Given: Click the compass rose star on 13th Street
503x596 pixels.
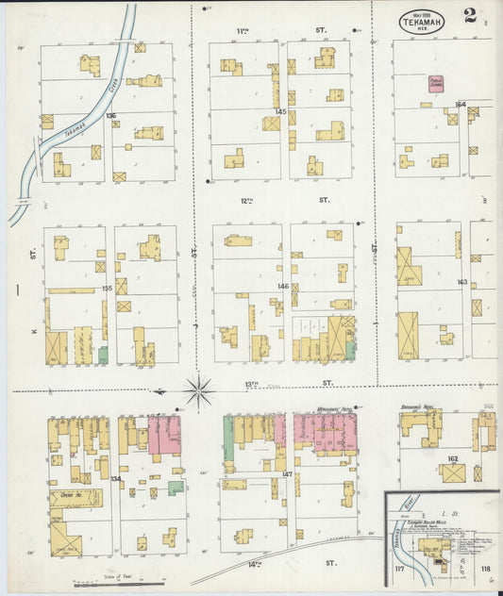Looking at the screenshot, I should click(x=198, y=387).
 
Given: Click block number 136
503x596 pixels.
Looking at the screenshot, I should click(x=111, y=116).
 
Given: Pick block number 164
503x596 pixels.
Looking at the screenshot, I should click(x=461, y=105).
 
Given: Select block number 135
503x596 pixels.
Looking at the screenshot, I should click(x=107, y=289).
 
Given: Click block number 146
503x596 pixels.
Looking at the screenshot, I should click(x=282, y=285).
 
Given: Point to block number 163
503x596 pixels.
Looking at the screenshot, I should click(x=462, y=282).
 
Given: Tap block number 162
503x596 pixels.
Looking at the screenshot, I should click(x=452, y=457).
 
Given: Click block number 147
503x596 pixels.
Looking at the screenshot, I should click(x=287, y=474).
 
